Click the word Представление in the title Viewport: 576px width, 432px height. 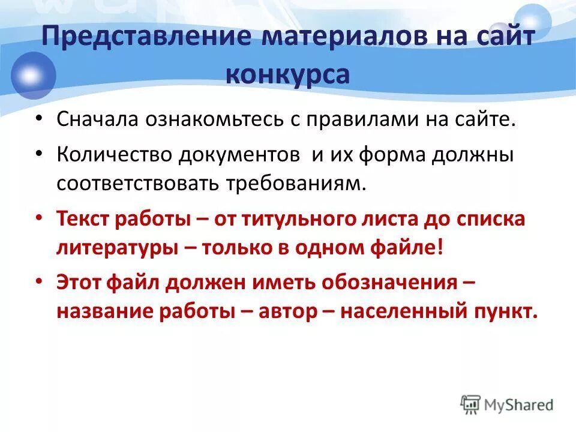point(146,37)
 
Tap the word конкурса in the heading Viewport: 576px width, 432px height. point(287,74)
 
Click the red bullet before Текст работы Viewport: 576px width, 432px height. point(39,220)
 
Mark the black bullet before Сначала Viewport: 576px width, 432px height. point(39,119)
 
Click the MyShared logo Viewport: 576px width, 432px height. point(507,404)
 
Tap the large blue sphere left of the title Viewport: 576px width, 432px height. point(30,75)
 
